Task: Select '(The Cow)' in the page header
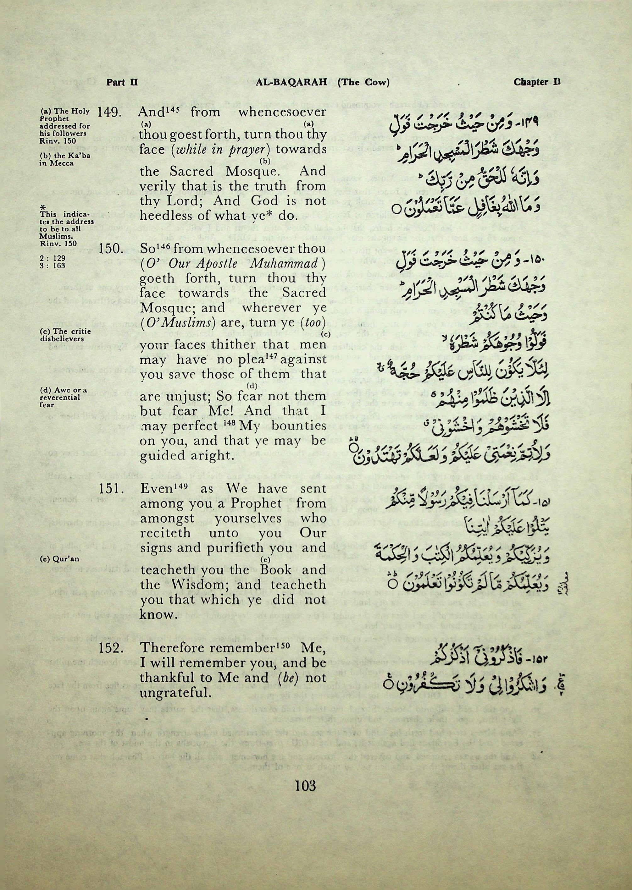363,82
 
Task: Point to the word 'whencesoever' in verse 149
282,113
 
